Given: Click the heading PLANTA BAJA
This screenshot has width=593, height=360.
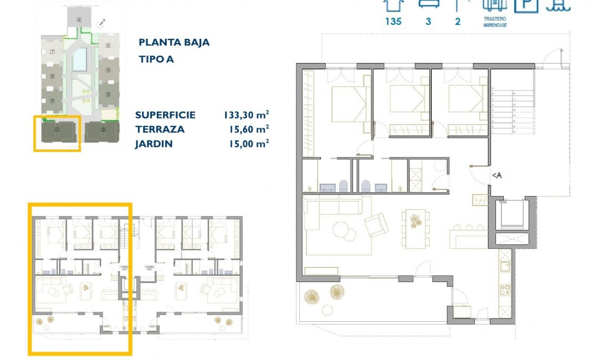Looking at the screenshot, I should [x=174, y=43].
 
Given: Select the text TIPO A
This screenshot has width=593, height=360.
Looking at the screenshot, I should [x=156, y=59].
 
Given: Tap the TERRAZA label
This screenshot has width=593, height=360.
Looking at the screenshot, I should [x=160, y=130].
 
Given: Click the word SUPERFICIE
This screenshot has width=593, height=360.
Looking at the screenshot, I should [x=165, y=115].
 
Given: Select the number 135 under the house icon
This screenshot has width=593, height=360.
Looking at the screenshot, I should [x=393, y=22].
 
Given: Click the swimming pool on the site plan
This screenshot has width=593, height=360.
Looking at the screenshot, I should [x=80, y=58].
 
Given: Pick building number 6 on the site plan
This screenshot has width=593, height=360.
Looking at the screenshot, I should [x=79, y=19].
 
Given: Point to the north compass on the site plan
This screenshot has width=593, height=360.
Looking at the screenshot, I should [x=103, y=23].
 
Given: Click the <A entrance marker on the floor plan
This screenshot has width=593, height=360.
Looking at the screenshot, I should [x=497, y=176].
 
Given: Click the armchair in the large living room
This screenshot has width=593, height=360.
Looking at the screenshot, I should [x=376, y=224].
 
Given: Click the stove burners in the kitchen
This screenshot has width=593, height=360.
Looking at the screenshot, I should [x=505, y=289].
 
